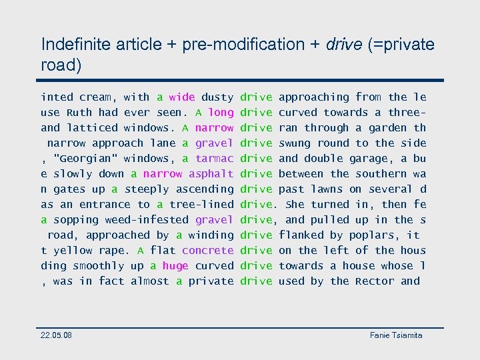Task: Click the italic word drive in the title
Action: [x=343, y=45]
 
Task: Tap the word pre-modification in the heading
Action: [x=236, y=45]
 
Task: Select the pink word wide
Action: [x=182, y=97]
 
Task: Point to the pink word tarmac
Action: [x=215, y=159]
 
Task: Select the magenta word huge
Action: [x=175, y=266]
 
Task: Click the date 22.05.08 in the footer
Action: [x=57, y=335]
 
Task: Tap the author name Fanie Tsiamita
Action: [x=396, y=335]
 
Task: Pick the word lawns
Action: [x=327, y=189]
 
